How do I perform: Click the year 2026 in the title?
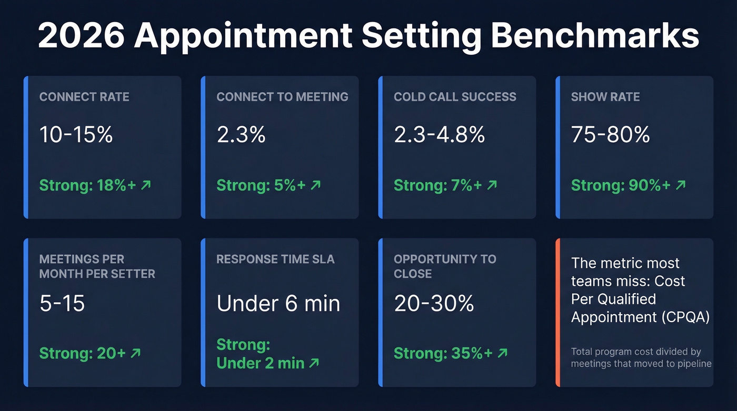tap(79, 35)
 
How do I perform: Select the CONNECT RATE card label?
tap(84, 97)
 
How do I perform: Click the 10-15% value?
tap(76, 135)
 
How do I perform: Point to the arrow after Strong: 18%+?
tap(146, 185)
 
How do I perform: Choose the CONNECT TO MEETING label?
tap(282, 97)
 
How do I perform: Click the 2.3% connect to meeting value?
tap(241, 135)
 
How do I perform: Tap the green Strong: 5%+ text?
tap(261, 185)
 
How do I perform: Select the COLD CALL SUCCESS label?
tap(455, 97)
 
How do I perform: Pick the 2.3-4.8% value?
tap(439, 135)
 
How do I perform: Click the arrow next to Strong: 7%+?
tap(492, 185)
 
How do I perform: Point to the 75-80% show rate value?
tap(611, 135)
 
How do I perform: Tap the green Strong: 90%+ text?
tap(621, 185)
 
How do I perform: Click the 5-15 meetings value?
tap(62, 304)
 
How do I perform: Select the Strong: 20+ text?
tap(83, 353)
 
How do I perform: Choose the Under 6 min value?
tap(278, 304)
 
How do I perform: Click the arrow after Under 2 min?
tap(314, 363)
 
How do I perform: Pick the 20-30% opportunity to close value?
tap(434, 304)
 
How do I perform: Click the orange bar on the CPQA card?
tap(558, 313)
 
